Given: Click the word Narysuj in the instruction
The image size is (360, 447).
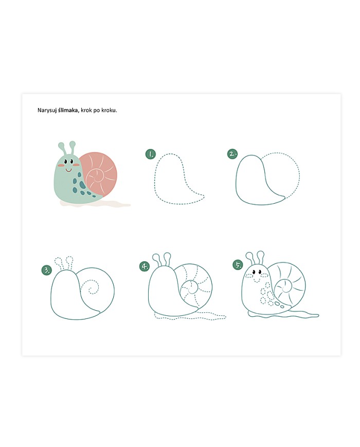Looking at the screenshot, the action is [47, 110].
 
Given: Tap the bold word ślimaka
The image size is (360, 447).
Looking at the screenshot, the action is [68, 110].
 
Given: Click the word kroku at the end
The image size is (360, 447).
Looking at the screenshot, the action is [109, 110].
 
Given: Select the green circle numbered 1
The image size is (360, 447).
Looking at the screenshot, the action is [150, 154].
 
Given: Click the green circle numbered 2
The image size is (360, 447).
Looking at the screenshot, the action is [232, 154].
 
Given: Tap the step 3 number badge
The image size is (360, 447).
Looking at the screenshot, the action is [46, 270].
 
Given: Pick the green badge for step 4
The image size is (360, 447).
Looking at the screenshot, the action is [145, 266].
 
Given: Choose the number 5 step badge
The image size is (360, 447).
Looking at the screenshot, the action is [238, 265].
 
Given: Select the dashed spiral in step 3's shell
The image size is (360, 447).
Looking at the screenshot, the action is [91, 288].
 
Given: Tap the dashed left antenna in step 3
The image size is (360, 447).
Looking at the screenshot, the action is [59, 264].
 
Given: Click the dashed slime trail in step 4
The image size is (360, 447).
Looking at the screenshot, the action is [190, 316].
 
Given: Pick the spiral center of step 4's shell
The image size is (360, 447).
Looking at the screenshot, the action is [189, 288].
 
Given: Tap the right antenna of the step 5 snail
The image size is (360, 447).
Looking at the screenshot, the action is [260, 258].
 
